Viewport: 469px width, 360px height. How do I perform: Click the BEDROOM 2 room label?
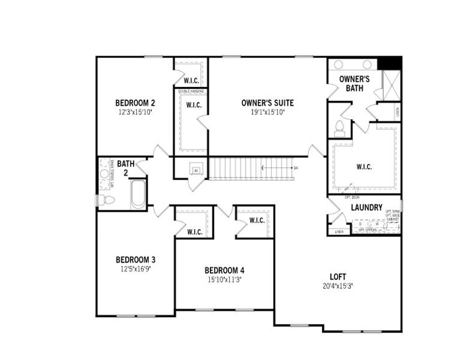pyautogui.click(x=135, y=103)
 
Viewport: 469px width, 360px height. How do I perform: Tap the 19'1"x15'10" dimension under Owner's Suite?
pyautogui.click(x=267, y=112)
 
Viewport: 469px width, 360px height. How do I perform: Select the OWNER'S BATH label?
pyautogui.click(x=354, y=83)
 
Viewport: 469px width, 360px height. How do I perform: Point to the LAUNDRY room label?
pyautogui.click(x=366, y=208)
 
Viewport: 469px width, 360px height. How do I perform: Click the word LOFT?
pyautogui.click(x=338, y=277)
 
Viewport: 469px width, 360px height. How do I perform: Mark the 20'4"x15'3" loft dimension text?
pyautogui.click(x=337, y=286)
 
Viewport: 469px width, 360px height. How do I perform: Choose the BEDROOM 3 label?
pyautogui.click(x=136, y=260)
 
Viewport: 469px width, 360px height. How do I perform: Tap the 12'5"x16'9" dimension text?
pyautogui.click(x=136, y=269)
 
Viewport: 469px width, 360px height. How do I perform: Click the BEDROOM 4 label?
pyautogui.click(x=224, y=270)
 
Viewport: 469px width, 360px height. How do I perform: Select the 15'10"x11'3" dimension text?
pyautogui.click(x=224, y=280)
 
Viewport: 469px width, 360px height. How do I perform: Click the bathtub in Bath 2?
pyautogui.click(x=137, y=194)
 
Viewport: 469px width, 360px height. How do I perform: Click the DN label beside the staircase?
pyautogui.click(x=295, y=168)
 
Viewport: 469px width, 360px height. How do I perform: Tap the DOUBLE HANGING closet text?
pyautogui.click(x=191, y=91)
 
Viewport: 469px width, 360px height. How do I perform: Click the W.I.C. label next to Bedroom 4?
pyautogui.click(x=257, y=221)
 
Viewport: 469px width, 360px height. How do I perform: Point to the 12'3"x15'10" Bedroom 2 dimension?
pyautogui.click(x=135, y=112)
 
